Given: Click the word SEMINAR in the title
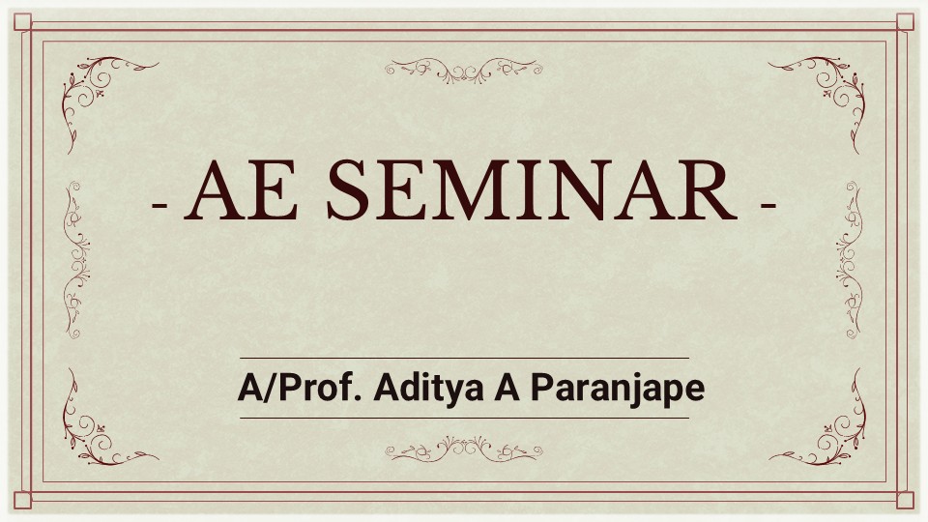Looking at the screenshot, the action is (532, 190).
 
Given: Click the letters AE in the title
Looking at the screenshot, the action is (241, 190).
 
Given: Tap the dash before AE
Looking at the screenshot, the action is (159, 205).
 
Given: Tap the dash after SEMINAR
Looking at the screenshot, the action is (768, 205).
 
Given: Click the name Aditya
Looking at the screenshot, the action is (429, 390).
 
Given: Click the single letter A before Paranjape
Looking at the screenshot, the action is (507, 389).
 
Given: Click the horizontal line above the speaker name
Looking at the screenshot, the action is (464, 358).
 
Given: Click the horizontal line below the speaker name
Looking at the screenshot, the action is (464, 418).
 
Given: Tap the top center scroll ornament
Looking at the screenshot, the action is (463, 71).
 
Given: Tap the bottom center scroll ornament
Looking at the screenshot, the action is (463, 449).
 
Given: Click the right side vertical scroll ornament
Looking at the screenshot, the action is (852, 260).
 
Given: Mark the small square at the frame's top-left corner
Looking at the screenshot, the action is (22, 22).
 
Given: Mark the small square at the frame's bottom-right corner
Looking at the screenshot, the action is (905, 500).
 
